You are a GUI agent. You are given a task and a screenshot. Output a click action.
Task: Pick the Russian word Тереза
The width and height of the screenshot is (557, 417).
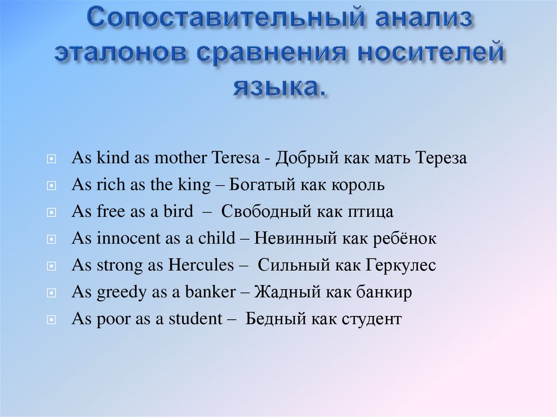[441, 158]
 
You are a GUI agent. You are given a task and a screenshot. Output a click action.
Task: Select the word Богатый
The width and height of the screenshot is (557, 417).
[258, 185]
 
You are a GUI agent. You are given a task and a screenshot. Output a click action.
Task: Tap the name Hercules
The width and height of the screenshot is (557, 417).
[201, 265]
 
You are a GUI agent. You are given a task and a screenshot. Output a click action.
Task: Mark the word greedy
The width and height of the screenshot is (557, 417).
[122, 292]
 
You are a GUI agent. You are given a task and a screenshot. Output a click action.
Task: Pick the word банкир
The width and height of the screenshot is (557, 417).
[384, 292]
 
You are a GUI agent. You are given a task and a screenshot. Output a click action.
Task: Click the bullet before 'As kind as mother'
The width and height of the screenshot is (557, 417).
[50, 159]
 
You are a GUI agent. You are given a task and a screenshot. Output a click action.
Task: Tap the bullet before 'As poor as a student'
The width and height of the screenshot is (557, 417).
[50, 320]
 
